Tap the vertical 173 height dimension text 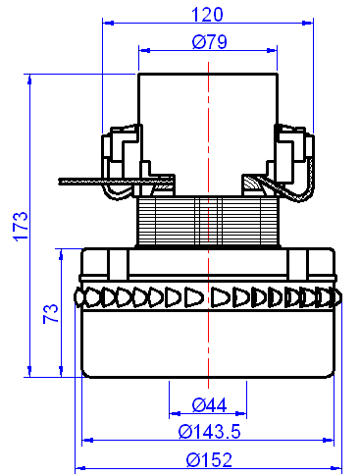(x=17, y=225)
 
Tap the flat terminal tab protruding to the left (x=98, y=181)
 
